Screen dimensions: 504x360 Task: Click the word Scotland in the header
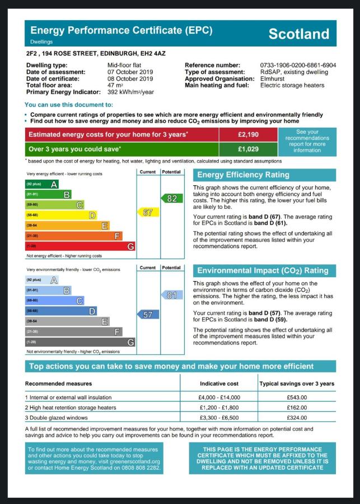tap(299, 34)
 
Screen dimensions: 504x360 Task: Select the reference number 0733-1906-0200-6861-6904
tap(298, 66)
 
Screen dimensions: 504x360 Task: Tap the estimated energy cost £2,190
tap(247, 135)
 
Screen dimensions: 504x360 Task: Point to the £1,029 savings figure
tap(247, 150)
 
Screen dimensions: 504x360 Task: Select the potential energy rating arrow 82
tap(172, 198)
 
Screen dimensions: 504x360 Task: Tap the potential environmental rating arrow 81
tap(172, 295)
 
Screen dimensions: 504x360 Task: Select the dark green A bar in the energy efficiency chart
tap(42, 184)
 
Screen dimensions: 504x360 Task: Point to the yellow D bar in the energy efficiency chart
tap(60, 215)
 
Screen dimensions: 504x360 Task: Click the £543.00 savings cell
tap(297, 397)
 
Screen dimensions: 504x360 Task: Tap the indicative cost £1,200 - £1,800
tap(219, 407)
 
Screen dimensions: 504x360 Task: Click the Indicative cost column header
tap(219, 384)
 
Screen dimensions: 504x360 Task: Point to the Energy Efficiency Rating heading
tap(243, 175)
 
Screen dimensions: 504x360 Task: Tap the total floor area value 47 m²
tap(115, 85)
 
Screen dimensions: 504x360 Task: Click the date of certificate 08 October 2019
tap(130, 79)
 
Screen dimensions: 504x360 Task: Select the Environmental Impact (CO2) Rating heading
tap(263, 270)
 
